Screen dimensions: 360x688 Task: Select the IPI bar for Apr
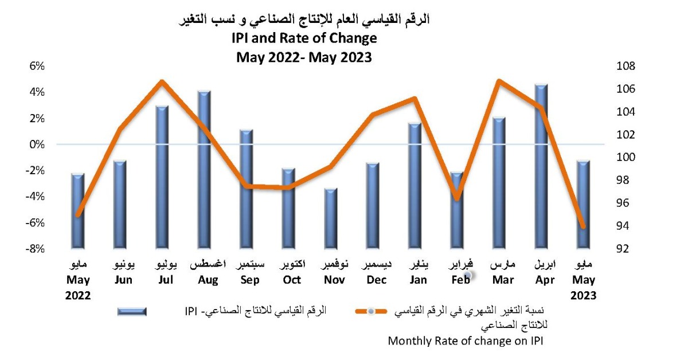click(541, 166)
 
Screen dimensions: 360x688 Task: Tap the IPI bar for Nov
click(331, 218)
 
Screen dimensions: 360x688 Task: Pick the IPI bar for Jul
click(162, 177)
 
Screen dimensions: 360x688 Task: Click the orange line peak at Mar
click(499, 81)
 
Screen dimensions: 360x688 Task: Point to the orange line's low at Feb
click(456, 198)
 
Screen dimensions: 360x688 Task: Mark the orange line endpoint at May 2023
click(584, 227)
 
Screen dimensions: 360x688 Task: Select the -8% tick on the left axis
click(35, 249)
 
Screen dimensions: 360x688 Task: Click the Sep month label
click(250, 280)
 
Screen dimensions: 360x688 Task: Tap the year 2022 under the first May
click(79, 296)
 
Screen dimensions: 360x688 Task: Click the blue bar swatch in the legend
click(132, 311)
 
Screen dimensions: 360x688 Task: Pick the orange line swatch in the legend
click(371, 311)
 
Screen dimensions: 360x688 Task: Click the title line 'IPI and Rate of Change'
click(304, 38)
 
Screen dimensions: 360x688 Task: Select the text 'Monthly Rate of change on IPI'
click(465, 341)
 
